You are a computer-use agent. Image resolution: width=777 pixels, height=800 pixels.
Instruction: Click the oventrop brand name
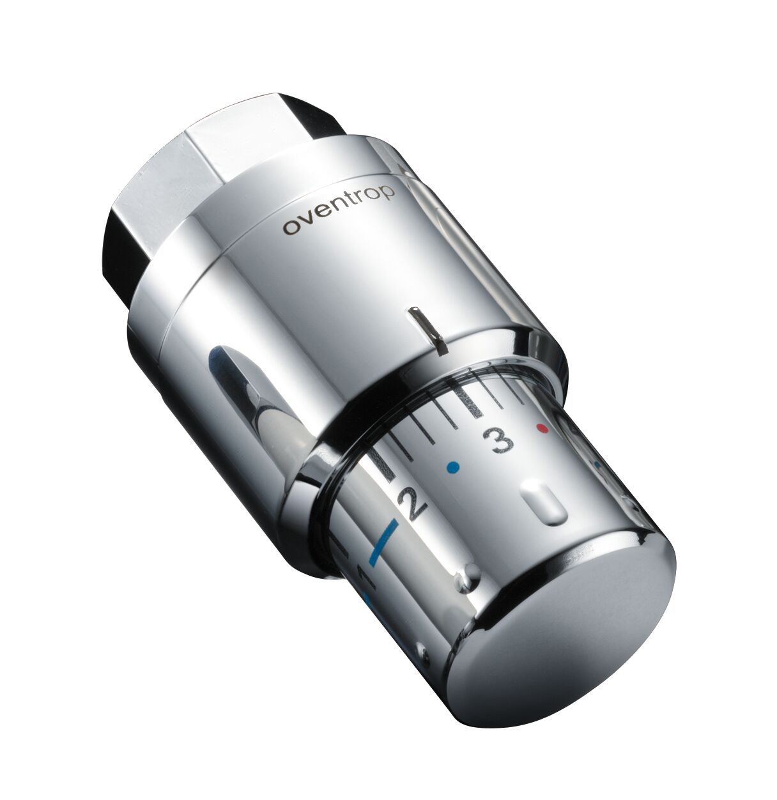[x=340, y=211]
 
